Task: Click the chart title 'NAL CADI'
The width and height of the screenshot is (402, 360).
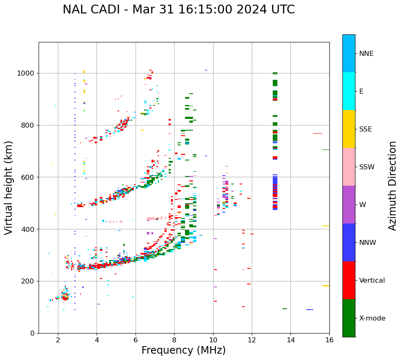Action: tap(90, 10)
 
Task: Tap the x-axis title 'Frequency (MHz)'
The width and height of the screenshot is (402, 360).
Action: tap(183, 350)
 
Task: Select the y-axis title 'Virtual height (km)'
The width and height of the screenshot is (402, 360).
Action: tap(9, 188)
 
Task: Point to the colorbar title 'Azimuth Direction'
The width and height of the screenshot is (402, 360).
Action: tap(392, 186)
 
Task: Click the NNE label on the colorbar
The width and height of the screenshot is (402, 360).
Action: tap(366, 54)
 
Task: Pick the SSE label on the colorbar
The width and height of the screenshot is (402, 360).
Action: tap(365, 129)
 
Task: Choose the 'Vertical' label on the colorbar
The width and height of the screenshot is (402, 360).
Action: tap(372, 281)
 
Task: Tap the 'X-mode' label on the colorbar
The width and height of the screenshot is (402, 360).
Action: tap(372, 318)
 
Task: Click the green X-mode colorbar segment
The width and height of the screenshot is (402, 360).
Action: tap(349, 318)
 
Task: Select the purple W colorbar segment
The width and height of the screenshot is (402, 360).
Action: tap(349, 205)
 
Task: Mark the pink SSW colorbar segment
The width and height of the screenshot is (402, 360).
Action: tap(349, 167)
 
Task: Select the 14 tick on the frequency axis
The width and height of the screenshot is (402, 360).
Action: tap(290, 339)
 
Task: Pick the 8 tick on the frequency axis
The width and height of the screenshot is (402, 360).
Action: tap(174, 339)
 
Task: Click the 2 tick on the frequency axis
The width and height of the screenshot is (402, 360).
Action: tap(58, 339)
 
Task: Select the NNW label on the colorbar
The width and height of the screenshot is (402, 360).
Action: tap(367, 243)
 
